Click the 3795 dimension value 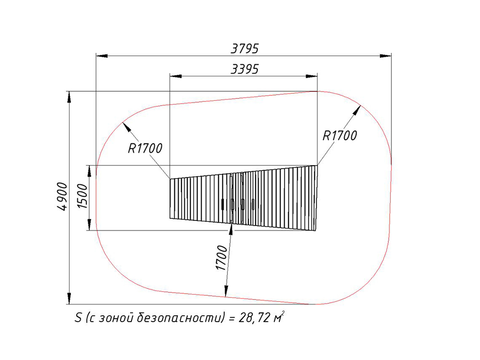tap(245, 48)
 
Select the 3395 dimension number tap(245, 69)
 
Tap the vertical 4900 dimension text tap(62, 196)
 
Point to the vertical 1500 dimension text tap(83, 196)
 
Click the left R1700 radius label tap(145, 148)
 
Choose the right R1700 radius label tap(340, 136)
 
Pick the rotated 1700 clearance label tap(222, 258)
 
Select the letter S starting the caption tap(78, 318)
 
